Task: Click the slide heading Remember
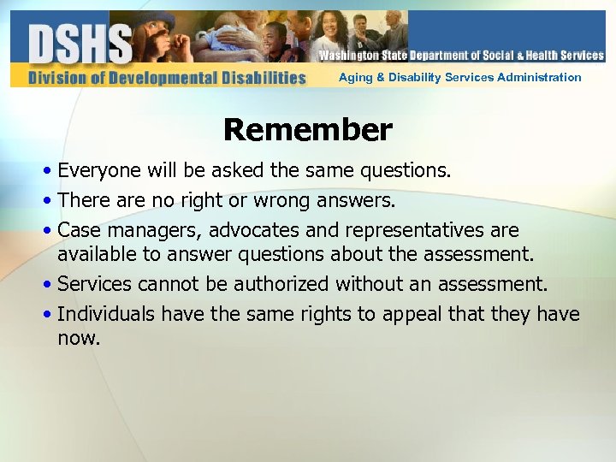point(308,130)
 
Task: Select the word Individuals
point(107,314)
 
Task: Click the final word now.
point(79,338)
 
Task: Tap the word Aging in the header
point(356,77)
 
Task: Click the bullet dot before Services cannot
point(50,285)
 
